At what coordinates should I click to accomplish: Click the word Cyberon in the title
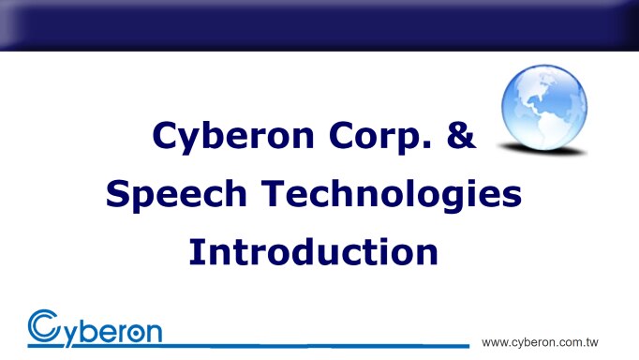217,137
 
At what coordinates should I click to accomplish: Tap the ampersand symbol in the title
458,137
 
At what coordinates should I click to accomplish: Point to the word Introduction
313,251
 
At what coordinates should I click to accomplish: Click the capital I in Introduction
196,251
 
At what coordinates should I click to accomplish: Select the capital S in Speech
119,195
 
